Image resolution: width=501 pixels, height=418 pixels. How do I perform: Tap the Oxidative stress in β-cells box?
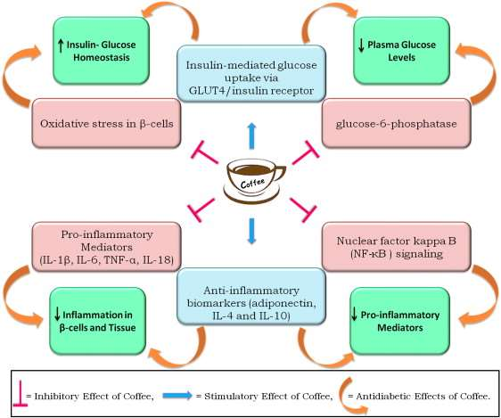(x=106, y=123)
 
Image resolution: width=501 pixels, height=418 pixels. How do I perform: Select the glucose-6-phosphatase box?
(x=396, y=123)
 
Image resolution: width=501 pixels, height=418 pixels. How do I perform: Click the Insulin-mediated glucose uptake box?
(x=251, y=73)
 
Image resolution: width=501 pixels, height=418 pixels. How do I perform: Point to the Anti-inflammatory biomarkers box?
(x=251, y=297)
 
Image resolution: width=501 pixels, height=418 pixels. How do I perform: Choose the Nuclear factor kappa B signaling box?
(x=396, y=247)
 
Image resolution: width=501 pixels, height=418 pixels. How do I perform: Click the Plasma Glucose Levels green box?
(x=402, y=51)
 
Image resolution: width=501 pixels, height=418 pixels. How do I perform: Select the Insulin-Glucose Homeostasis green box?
(x=101, y=51)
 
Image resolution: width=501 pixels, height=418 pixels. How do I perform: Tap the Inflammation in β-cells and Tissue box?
(x=98, y=321)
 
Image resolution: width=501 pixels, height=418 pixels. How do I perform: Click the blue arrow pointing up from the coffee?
(x=251, y=135)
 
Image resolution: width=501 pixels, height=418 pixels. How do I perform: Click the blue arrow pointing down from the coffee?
(x=251, y=231)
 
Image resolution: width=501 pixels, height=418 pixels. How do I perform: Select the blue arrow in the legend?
(x=177, y=396)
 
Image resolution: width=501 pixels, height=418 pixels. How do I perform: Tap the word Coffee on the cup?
(x=252, y=184)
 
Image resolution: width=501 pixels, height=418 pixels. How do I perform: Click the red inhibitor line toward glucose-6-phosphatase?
(x=306, y=152)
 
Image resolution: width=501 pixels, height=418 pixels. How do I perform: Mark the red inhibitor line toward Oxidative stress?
(x=204, y=152)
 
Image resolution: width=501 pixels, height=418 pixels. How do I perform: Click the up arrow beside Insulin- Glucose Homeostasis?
(x=61, y=45)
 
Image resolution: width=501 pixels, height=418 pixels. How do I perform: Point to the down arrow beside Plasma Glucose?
(x=361, y=45)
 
